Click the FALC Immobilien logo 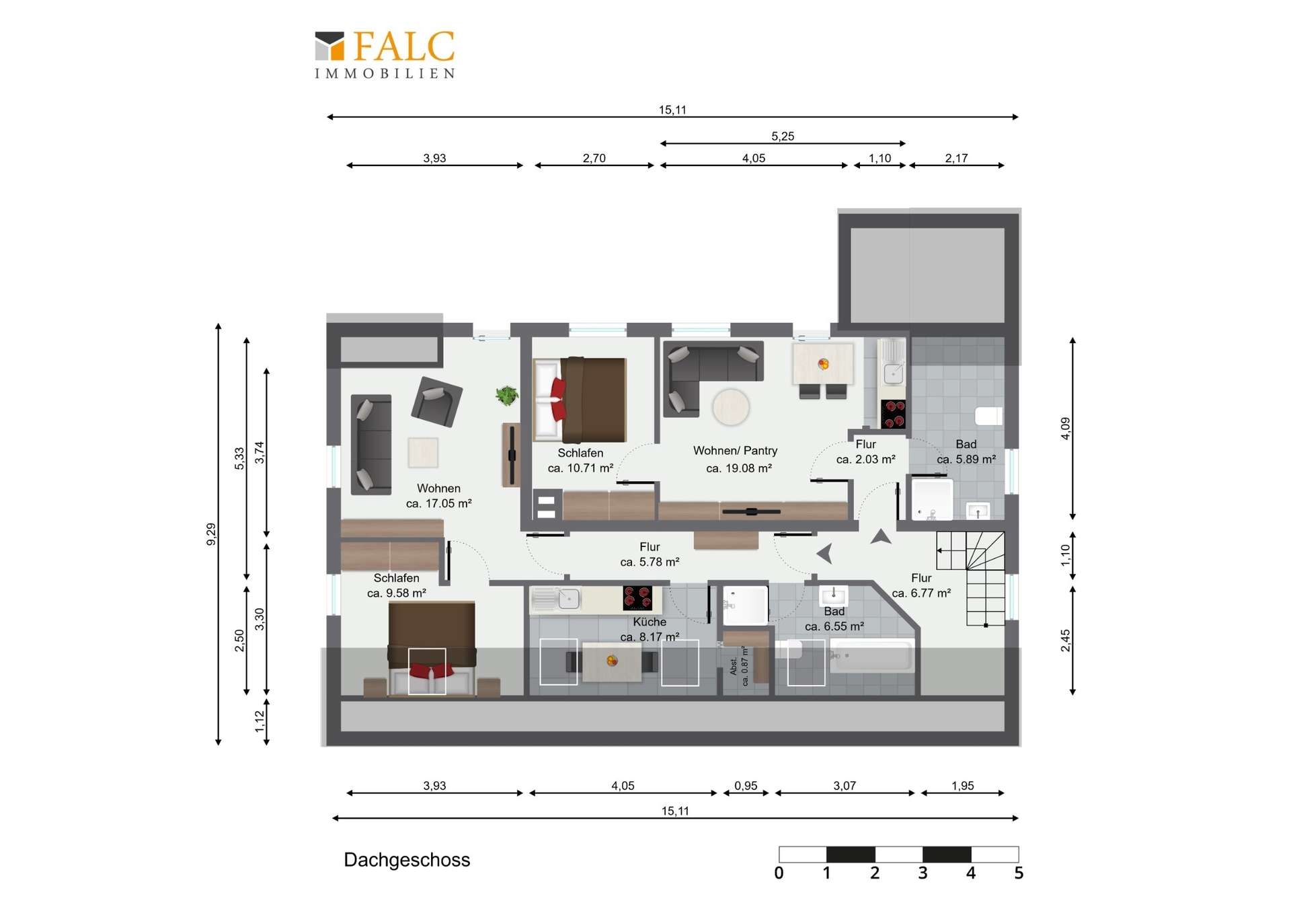coord(385,54)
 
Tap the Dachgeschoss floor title coord(407,860)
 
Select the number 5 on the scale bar coord(1019,873)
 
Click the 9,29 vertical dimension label coord(211,534)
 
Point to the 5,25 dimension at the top coord(783,136)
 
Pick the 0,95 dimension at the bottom coord(746,786)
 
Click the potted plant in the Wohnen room coord(507,396)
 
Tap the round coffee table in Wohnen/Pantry coord(731,407)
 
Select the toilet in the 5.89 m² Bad coord(989,416)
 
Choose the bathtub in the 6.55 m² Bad coord(872,655)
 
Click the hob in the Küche coord(637,597)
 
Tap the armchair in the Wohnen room coord(436,401)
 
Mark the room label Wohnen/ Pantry coord(735,451)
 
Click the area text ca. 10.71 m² coord(580,468)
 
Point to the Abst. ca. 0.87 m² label coord(739,666)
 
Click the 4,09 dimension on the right coord(1065,429)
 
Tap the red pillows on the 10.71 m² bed coord(558,399)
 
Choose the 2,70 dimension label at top coord(594,158)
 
